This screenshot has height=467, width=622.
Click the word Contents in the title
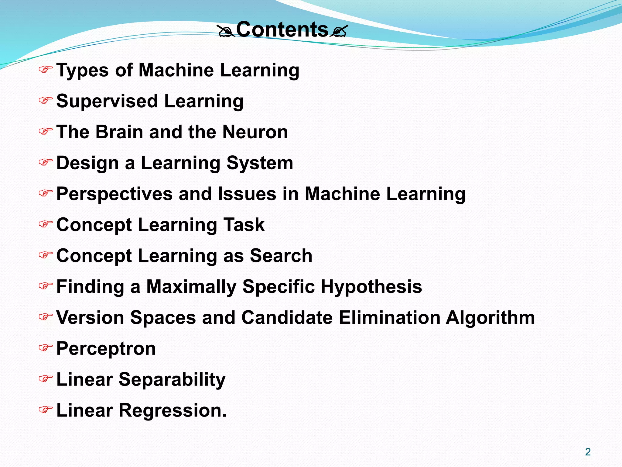point(282,29)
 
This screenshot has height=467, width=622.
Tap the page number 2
point(588,452)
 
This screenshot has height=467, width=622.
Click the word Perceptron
point(106,348)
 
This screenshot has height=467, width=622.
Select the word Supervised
point(107,101)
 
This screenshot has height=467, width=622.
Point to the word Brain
point(119,132)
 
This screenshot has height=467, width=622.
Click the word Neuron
point(255,132)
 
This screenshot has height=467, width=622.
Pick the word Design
point(87,163)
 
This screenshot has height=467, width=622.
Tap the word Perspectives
point(114,194)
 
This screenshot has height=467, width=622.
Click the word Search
point(281,256)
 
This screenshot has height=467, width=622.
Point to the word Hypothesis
point(371,287)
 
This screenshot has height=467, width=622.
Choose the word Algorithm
point(490,317)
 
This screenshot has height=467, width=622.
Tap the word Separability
point(172,379)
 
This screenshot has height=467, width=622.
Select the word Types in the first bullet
point(82,70)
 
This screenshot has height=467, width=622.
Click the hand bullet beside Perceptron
point(45,348)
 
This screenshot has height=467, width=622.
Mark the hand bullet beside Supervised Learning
point(45,100)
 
